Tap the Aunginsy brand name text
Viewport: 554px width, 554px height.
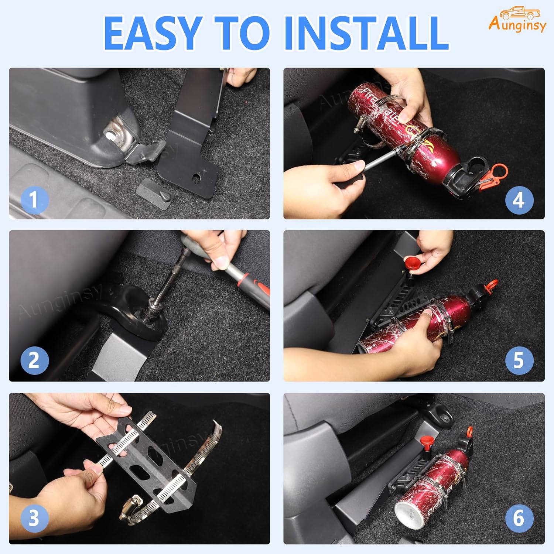pyautogui.click(x=517, y=25)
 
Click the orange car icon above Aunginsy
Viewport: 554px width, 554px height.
pyautogui.click(x=520, y=13)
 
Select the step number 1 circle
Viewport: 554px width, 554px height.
pyautogui.click(x=34, y=200)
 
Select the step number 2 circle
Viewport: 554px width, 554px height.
pyautogui.click(x=34, y=360)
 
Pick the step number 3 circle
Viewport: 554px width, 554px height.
pyautogui.click(x=34, y=518)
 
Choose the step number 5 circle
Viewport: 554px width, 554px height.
pyautogui.click(x=519, y=360)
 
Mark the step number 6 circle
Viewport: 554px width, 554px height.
pyautogui.click(x=519, y=518)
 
